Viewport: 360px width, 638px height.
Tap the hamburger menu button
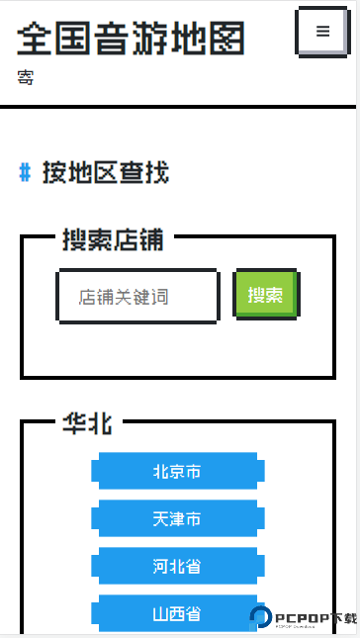click(x=322, y=32)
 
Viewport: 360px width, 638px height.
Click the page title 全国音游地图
click(x=131, y=39)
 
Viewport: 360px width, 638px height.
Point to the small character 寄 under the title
click(x=25, y=77)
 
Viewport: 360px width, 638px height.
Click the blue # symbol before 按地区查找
click(x=26, y=173)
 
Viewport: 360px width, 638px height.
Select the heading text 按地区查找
click(x=106, y=173)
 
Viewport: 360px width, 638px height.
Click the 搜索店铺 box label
click(x=113, y=239)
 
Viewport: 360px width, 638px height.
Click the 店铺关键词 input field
click(x=137, y=296)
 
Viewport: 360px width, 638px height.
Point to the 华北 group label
click(x=87, y=423)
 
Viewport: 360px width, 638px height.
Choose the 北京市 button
click(x=177, y=472)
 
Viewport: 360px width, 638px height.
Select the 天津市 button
click(x=177, y=519)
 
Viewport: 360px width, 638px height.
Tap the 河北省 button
click(x=177, y=567)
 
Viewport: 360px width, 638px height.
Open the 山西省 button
click(x=177, y=613)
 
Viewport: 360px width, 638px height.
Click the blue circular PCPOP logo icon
click(x=262, y=617)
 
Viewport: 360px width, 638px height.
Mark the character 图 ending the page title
click(x=227, y=39)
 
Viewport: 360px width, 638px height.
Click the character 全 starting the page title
click(x=35, y=39)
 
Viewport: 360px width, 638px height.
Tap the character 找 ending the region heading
click(x=157, y=173)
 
